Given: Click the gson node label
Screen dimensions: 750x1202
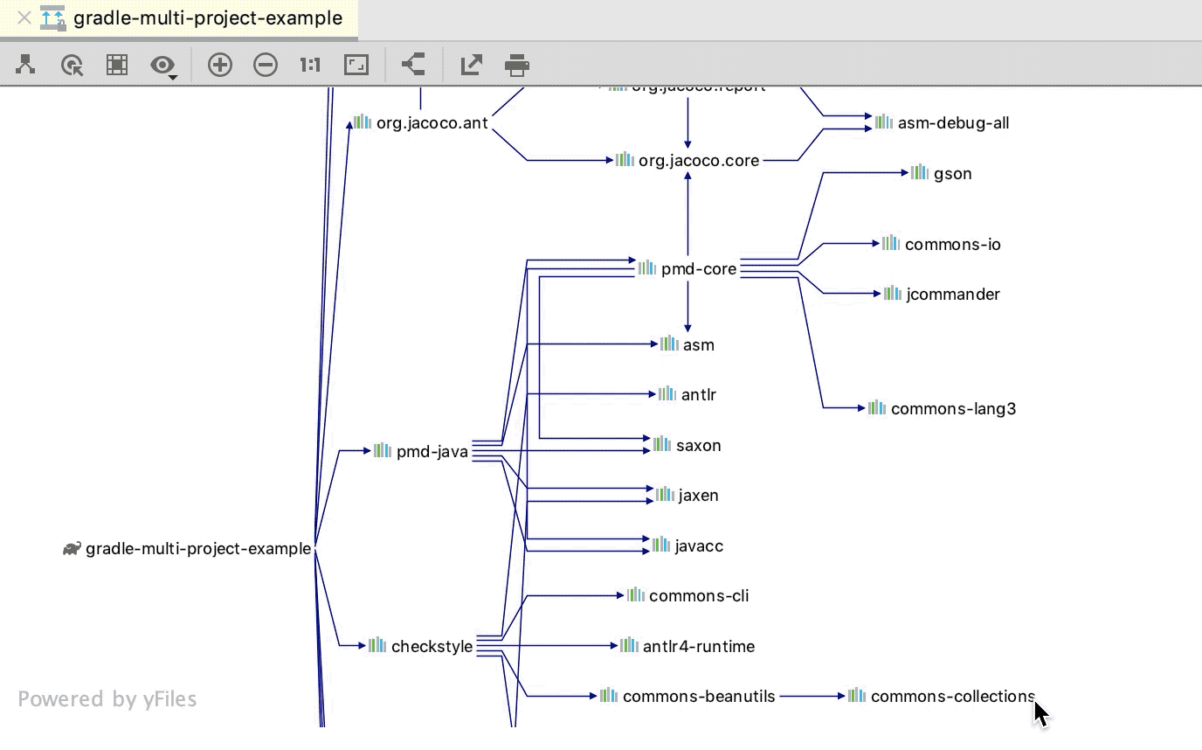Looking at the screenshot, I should [952, 174].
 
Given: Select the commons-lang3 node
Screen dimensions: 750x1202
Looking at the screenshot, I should [952, 409].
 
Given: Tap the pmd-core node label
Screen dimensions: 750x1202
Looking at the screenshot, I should [698, 269].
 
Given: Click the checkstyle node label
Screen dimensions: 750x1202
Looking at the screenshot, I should [432, 647].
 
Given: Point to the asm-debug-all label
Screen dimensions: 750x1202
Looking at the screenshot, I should [953, 123].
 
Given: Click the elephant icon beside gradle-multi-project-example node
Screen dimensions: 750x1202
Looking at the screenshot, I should [72, 549].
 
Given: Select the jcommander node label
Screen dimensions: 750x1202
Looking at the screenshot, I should [952, 295].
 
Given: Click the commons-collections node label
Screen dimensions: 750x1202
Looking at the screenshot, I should [952, 697].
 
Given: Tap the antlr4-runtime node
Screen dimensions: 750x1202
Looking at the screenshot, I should [698, 647].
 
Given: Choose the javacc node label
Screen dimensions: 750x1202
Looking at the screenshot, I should [698, 546].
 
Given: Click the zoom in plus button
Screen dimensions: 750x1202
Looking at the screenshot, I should [219, 65].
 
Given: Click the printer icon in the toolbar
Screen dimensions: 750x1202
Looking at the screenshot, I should [517, 65].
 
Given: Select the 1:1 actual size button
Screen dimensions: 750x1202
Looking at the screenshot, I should [310, 65].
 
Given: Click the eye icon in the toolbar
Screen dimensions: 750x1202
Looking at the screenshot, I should [162, 65].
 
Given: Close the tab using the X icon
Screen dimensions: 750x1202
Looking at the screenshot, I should [24, 17].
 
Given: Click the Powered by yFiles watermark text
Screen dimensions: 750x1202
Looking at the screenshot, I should [107, 699].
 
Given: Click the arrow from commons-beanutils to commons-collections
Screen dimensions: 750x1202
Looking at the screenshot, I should [812, 697].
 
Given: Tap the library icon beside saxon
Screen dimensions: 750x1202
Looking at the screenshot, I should [662, 444].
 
